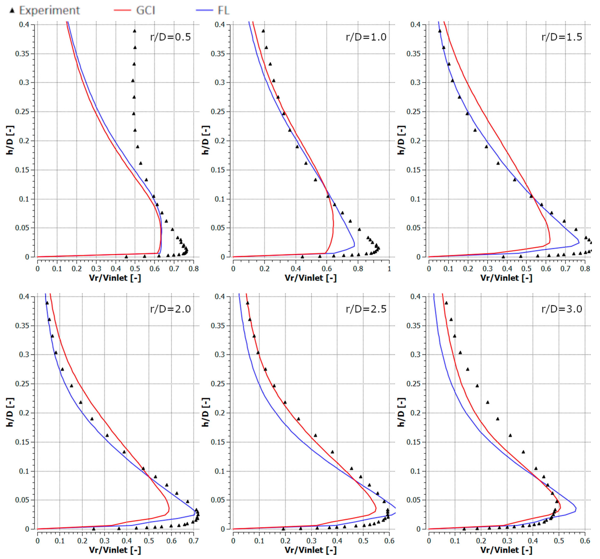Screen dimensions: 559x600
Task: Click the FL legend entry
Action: (223, 11)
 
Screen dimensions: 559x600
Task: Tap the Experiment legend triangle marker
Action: (12, 11)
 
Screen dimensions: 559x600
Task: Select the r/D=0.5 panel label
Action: (170, 37)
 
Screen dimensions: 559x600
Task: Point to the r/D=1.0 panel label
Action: (366, 37)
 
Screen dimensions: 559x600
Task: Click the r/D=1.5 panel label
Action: (561, 37)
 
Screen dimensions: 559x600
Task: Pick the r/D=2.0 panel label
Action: (170, 309)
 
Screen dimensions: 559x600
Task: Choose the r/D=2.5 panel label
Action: (366, 309)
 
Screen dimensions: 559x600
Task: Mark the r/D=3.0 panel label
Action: (561, 309)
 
